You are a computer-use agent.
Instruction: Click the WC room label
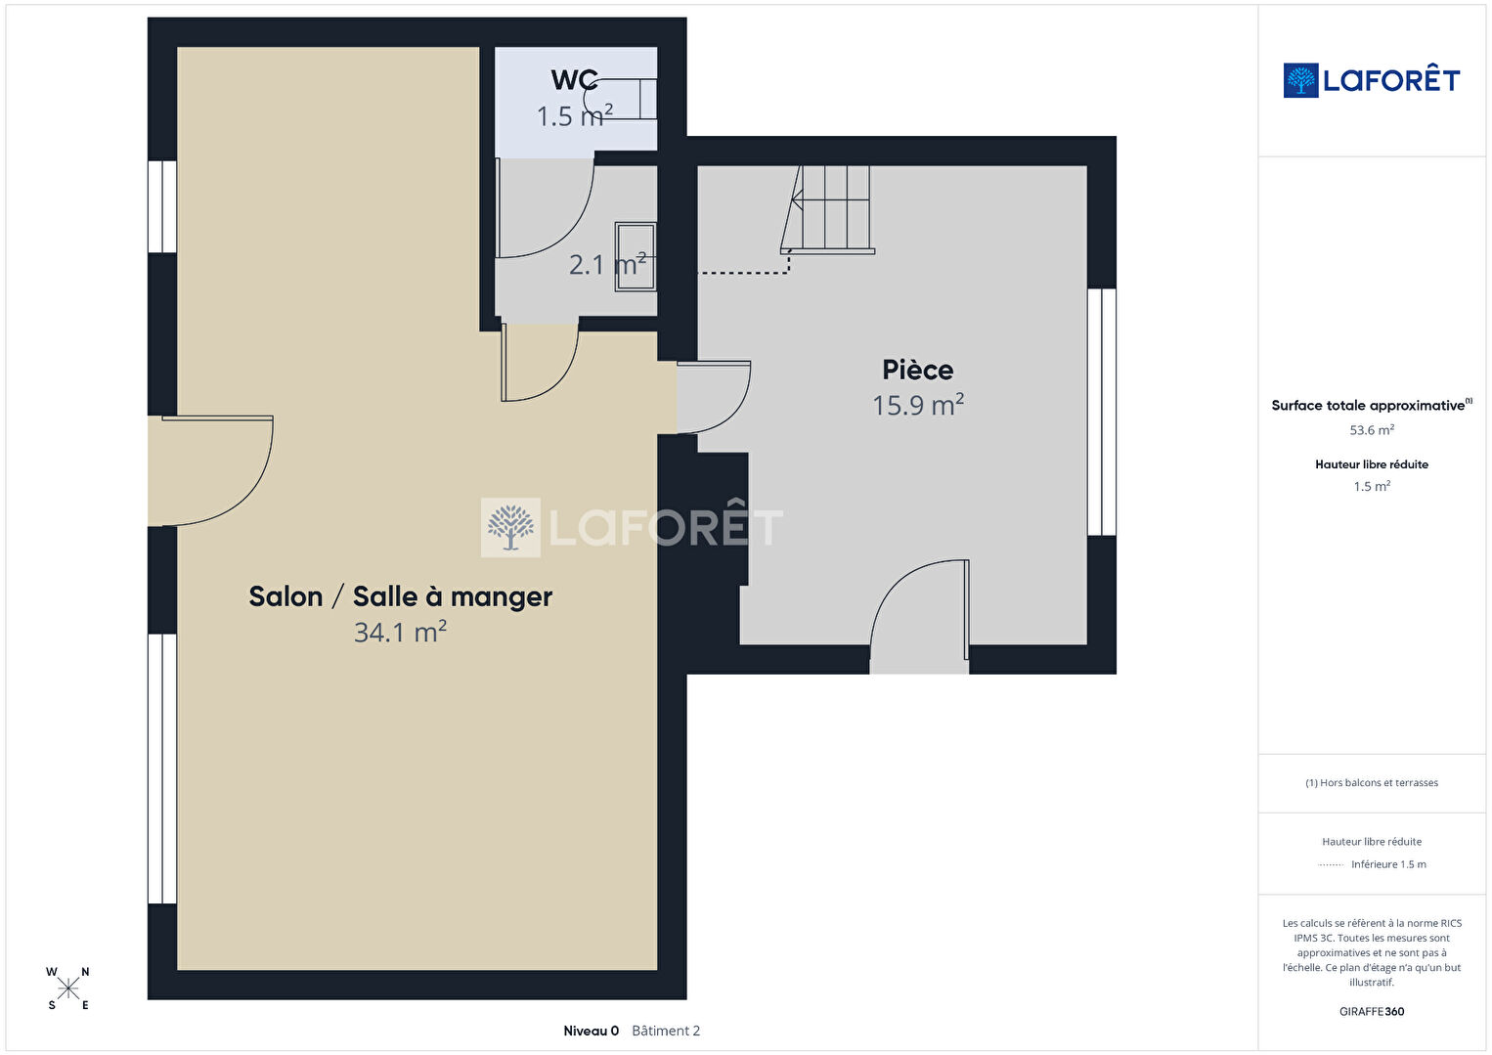(574, 80)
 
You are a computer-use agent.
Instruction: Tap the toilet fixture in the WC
(621, 99)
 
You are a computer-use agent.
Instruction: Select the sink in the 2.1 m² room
(636, 256)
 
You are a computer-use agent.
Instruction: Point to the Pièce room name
(918, 370)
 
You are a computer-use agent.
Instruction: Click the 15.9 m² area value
(918, 404)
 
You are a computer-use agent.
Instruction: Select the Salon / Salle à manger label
(400, 596)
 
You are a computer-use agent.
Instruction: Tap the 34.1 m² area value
(400, 632)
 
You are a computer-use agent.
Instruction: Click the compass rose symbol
(67, 989)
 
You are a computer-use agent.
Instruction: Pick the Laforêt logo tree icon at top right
(1300, 80)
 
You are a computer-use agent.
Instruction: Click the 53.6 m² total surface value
(1372, 430)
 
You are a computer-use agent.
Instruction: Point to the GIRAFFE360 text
(1372, 1011)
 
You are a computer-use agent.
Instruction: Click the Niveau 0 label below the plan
(591, 1031)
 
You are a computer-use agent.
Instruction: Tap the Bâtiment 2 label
(666, 1031)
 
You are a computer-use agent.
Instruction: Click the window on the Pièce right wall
(1102, 412)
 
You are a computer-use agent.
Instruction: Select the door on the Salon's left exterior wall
(210, 471)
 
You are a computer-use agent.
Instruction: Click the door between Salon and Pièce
(714, 398)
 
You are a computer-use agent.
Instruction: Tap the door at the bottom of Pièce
(919, 616)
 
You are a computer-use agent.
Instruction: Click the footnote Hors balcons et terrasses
(1372, 782)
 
